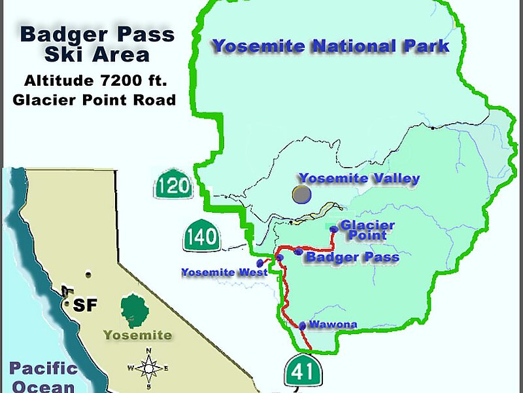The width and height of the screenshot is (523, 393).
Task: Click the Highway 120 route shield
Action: (173, 187)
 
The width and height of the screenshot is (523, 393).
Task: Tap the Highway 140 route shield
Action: (201, 236)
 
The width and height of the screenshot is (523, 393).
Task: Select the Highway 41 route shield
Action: (301, 371)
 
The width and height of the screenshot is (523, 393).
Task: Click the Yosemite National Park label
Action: (331, 47)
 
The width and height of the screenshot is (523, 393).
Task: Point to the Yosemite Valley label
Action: (359, 178)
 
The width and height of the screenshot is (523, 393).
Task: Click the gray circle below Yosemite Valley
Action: (301, 195)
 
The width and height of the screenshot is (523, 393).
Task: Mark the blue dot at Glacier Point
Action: (334, 229)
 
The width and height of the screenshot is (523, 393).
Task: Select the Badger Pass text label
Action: (352, 257)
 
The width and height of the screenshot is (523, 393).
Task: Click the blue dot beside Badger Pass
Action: (299, 252)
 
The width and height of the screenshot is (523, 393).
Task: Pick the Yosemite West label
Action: (224, 272)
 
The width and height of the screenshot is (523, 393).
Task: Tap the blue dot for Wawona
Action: (303, 326)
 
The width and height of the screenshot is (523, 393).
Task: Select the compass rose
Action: (149, 368)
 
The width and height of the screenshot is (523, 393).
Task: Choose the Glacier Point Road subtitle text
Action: (94, 100)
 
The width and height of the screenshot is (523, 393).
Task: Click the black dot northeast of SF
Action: (88, 274)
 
